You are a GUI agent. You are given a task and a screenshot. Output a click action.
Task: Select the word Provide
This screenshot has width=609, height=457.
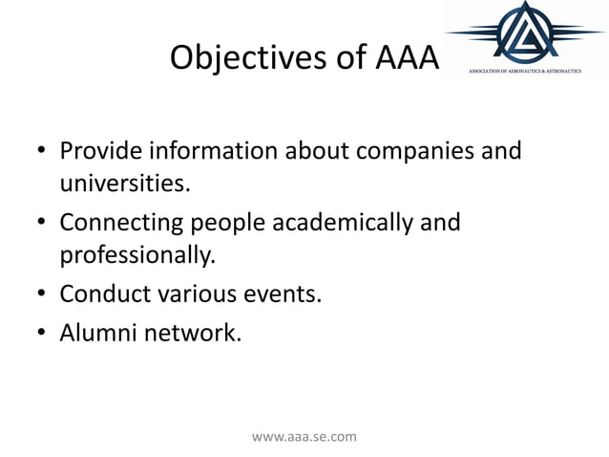click(98, 152)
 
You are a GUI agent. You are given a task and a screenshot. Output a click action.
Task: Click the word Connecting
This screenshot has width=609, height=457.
click(124, 224)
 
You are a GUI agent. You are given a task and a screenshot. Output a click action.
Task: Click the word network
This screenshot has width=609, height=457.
click(189, 333)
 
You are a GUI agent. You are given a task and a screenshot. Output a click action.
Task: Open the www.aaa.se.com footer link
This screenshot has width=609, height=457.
click(304, 437)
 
